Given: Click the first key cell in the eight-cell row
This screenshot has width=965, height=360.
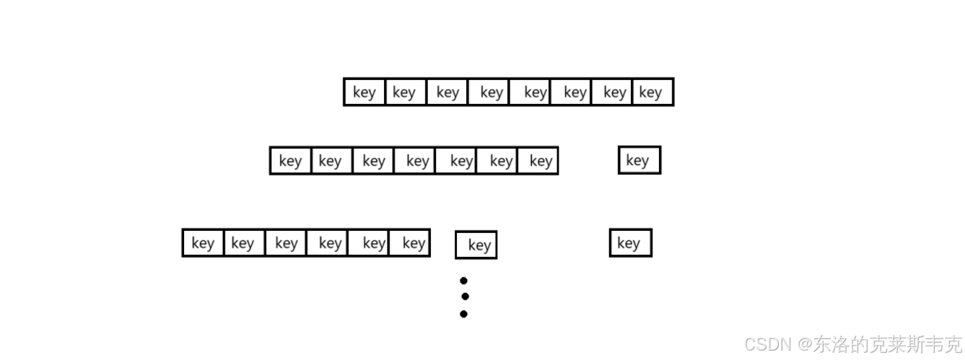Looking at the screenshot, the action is tap(364, 92).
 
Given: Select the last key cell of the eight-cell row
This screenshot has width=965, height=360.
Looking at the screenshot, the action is tap(652, 92).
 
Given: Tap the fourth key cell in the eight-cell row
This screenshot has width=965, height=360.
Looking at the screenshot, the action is tap(489, 92).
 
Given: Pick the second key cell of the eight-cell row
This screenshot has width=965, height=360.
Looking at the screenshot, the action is tap(406, 92).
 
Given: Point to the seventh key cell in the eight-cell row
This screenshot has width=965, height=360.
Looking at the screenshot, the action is tap(612, 92).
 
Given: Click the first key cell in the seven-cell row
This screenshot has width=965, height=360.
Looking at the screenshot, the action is tap(291, 161).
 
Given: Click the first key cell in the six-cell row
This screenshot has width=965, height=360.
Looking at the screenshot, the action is tap(204, 243).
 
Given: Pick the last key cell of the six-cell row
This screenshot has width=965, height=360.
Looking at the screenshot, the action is tap(409, 243).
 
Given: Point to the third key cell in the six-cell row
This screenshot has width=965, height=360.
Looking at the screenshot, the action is tap(286, 243).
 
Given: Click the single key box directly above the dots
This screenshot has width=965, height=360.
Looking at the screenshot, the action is tap(476, 245).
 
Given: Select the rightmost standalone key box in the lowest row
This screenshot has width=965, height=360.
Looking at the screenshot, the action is tap(630, 243).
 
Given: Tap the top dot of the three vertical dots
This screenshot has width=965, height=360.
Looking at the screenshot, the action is tap(463, 281).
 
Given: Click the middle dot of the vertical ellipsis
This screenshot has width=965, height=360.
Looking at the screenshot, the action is tap(465, 297).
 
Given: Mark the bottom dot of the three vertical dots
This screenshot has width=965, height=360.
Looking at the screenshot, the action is tap(463, 314).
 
